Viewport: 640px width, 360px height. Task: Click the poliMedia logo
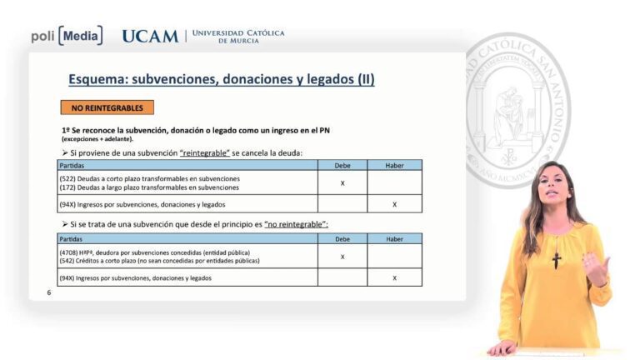pyautogui.click(x=67, y=36)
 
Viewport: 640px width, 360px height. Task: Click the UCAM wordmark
pyautogui.click(x=150, y=37)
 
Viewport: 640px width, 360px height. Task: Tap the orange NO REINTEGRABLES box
pyautogui.click(x=107, y=107)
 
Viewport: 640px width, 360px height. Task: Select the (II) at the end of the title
pyautogui.click(x=366, y=80)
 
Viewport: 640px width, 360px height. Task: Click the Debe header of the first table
pyautogui.click(x=342, y=166)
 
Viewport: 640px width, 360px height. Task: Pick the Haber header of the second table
pyautogui.click(x=394, y=239)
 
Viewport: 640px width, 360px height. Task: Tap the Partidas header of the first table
pyautogui.click(x=72, y=166)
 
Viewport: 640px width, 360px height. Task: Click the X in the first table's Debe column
pyautogui.click(x=342, y=183)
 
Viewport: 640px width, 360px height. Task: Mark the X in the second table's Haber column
pyautogui.click(x=394, y=277)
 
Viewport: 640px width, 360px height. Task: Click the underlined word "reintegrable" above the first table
pyautogui.click(x=204, y=153)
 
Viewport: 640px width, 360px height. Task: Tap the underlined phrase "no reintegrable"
pyautogui.click(x=296, y=225)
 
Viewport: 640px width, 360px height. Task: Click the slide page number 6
pyautogui.click(x=49, y=292)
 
